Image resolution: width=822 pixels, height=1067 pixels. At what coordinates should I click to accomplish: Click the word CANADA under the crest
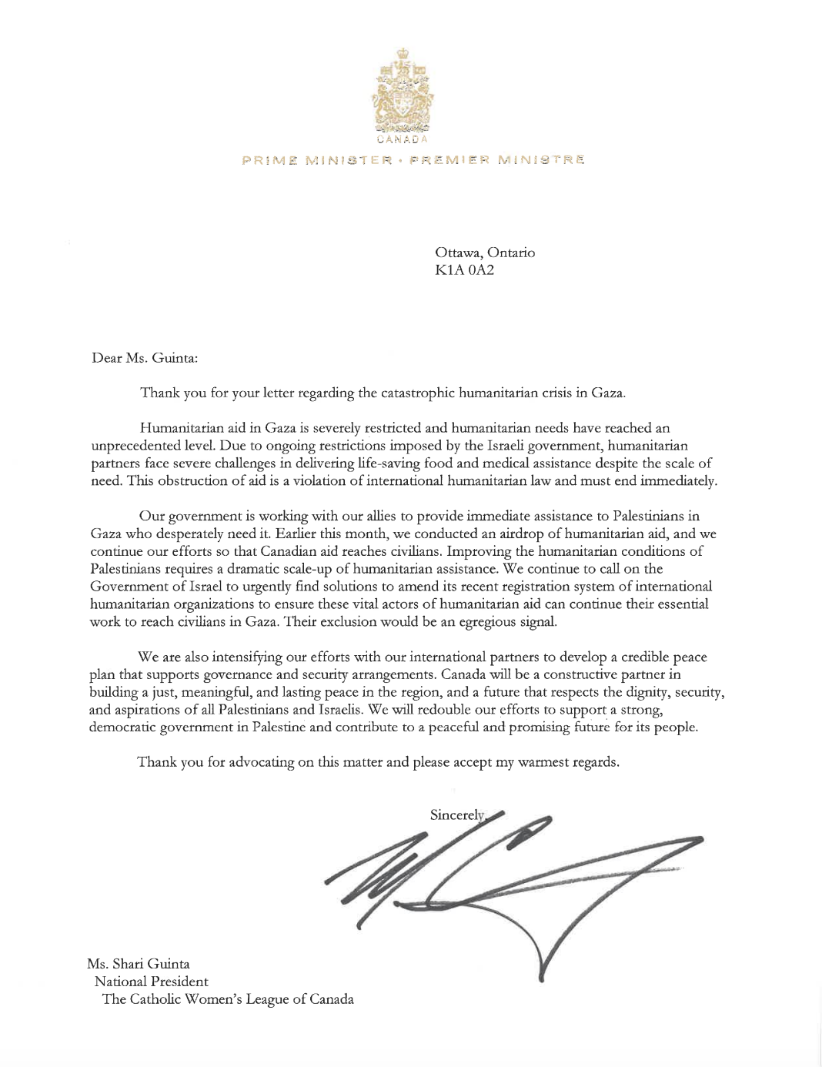[x=403, y=140]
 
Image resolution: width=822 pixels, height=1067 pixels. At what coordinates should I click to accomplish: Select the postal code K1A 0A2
[x=465, y=270]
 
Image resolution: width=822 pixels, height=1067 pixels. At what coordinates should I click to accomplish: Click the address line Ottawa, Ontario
[x=485, y=253]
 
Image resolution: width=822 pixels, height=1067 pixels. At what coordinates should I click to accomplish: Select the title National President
[x=151, y=982]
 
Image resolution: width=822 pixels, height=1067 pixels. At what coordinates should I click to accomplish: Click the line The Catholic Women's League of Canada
[x=228, y=999]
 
